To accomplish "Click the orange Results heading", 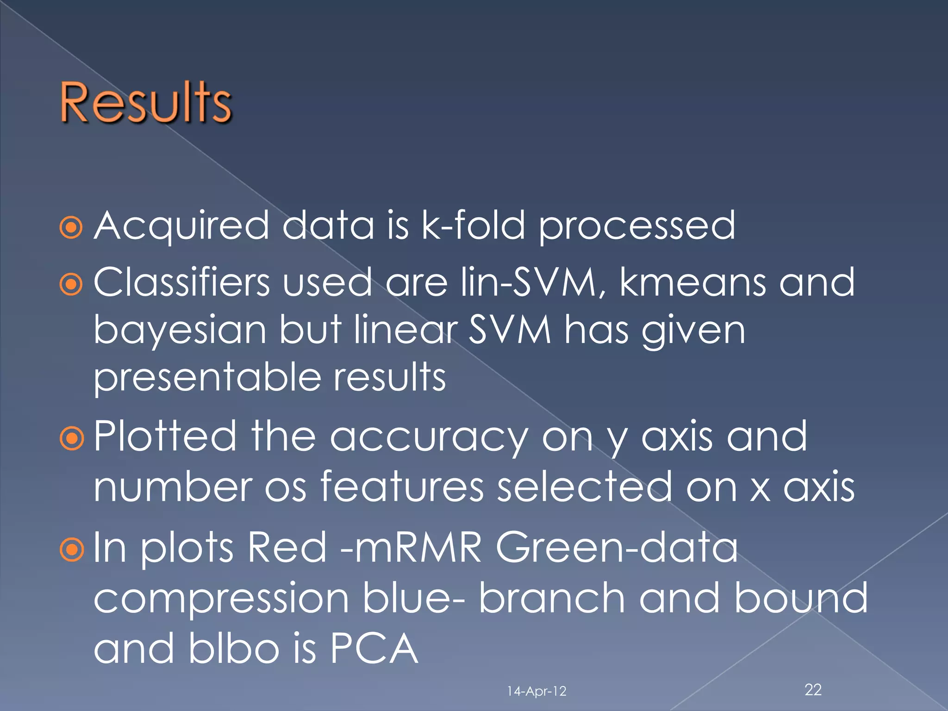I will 146,103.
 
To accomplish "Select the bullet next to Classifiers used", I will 71,285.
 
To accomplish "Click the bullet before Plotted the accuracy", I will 71,438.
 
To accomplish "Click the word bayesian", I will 180,332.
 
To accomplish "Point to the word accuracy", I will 429,438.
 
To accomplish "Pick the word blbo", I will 234,648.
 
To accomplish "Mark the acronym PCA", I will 374,648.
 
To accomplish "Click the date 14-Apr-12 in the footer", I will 536,691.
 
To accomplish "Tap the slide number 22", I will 813,690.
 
